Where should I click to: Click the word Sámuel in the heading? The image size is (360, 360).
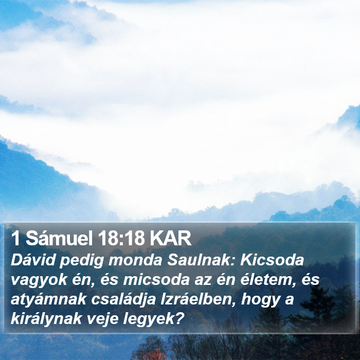(59, 239)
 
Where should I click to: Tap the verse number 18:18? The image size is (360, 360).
(121, 239)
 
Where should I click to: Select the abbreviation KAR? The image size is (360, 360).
(171, 239)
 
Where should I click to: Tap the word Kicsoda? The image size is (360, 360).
(272, 260)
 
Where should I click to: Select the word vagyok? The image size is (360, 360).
(39, 281)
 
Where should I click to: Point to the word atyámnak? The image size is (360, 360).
(48, 300)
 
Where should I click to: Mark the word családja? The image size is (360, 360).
(124, 300)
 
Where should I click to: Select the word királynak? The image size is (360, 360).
(46, 320)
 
